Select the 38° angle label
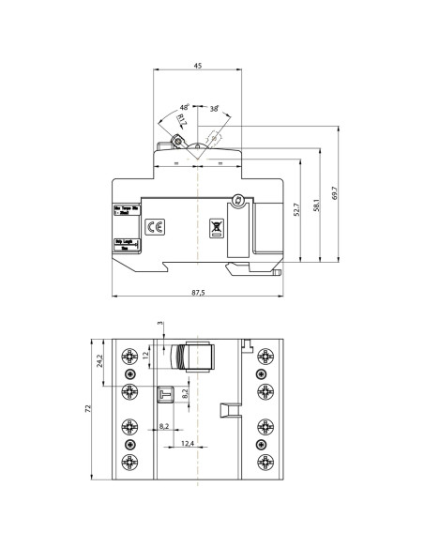coord(214,109)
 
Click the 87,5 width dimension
coord(198,293)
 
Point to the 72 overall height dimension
coord(89,410)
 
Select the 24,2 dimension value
coord(101,362)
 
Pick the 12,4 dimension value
coord(187,442)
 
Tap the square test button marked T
coord(166,394)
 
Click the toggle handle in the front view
coord(198,359)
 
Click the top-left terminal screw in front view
coord(129,355)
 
